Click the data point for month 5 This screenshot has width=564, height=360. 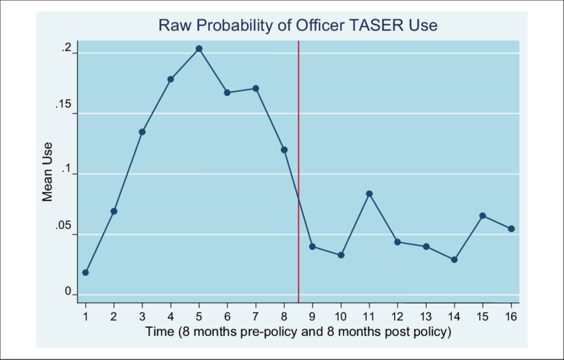[199, 48]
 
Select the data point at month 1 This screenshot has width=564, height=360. [86, 272]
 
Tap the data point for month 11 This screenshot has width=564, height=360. [369, 194]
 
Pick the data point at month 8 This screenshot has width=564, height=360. [284, 150]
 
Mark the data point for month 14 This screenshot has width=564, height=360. [454, 259]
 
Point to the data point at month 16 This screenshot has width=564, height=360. [511, 229]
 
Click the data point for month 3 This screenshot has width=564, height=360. [142, 132]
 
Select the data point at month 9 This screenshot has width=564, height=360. [313, 247]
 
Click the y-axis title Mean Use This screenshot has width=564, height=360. [48, 172]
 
